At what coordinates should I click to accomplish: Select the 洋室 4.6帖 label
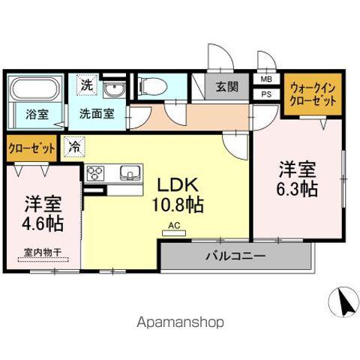click(42, 214)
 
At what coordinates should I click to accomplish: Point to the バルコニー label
click(235, 256)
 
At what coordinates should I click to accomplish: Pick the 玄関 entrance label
click(227, 87)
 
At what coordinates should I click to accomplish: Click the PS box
click(266, 94)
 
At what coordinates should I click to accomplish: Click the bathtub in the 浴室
click(34, 91)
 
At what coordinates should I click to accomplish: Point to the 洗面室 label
click(97, 115)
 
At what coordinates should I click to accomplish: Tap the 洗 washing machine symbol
click(87, 85)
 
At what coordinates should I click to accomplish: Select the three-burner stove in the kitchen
click(96, 173)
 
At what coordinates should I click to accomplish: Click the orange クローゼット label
click(31, 148)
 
